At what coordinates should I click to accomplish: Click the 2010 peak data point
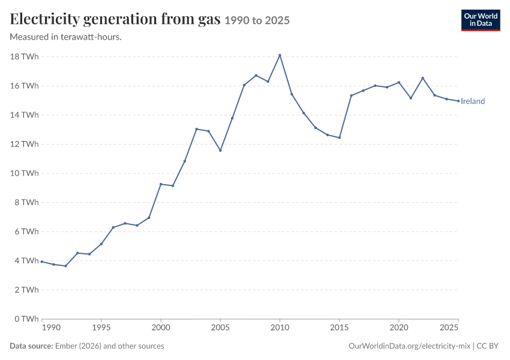point(280,55)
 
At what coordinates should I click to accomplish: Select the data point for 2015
point(339,137)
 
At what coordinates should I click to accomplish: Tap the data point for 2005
point(220,150)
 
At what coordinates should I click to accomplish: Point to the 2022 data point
point(422,78)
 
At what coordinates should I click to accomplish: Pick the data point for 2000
point(161,184)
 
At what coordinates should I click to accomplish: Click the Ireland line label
point(473,101)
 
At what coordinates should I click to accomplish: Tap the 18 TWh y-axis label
point(25,56)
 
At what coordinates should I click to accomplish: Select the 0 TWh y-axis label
point(26,319)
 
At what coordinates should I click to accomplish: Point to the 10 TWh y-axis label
point(25,173)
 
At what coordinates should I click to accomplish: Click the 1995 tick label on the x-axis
point(101,327)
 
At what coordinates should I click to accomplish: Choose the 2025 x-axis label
point(449,327)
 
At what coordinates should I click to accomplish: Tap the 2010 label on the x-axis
point(280,327)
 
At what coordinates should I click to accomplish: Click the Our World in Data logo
point(481,20)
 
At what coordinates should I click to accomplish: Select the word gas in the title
point(209,20)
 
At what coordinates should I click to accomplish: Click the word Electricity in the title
point(45,19)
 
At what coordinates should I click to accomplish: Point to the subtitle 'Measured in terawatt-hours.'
point(66,37)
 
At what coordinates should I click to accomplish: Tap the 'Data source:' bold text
point(31,346)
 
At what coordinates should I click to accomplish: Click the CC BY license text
point(488,346)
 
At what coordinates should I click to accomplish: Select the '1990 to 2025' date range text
point(257,20)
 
